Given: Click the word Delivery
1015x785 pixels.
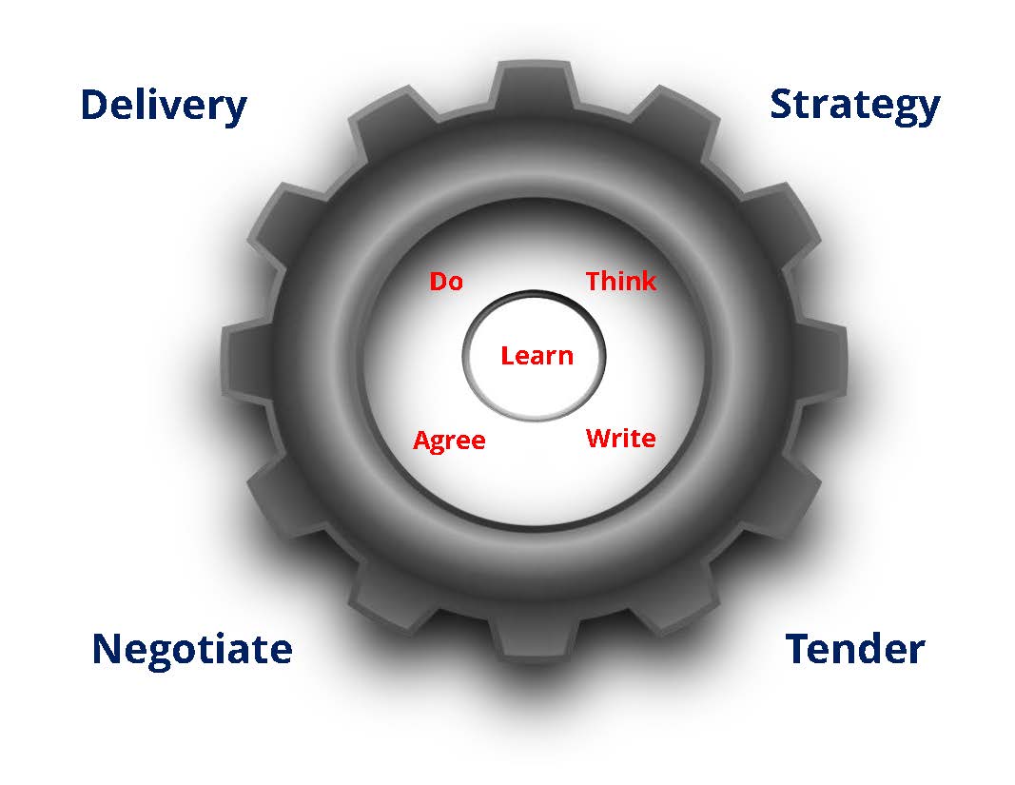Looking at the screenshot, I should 163,105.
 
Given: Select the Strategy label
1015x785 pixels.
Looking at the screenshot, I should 854,104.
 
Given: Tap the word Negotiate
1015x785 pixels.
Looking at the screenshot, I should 191,649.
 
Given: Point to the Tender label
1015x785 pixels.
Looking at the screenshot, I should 854,649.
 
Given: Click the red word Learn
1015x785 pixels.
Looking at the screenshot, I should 537,356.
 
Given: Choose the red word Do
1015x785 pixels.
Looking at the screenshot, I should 446,282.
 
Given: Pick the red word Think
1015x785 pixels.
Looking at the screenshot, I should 620,281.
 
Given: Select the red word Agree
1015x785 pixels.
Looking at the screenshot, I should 449,441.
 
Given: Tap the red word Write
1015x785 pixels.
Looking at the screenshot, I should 620,439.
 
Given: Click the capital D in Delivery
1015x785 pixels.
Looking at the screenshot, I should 93,104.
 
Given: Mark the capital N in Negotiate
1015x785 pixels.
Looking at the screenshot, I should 107,649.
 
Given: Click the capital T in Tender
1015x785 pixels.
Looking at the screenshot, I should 798,649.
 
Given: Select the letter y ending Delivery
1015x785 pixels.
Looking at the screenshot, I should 235,109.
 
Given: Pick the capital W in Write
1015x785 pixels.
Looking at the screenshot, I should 598,439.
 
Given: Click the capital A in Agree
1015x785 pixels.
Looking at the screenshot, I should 422,441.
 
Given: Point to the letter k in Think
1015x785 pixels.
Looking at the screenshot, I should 648,281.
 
